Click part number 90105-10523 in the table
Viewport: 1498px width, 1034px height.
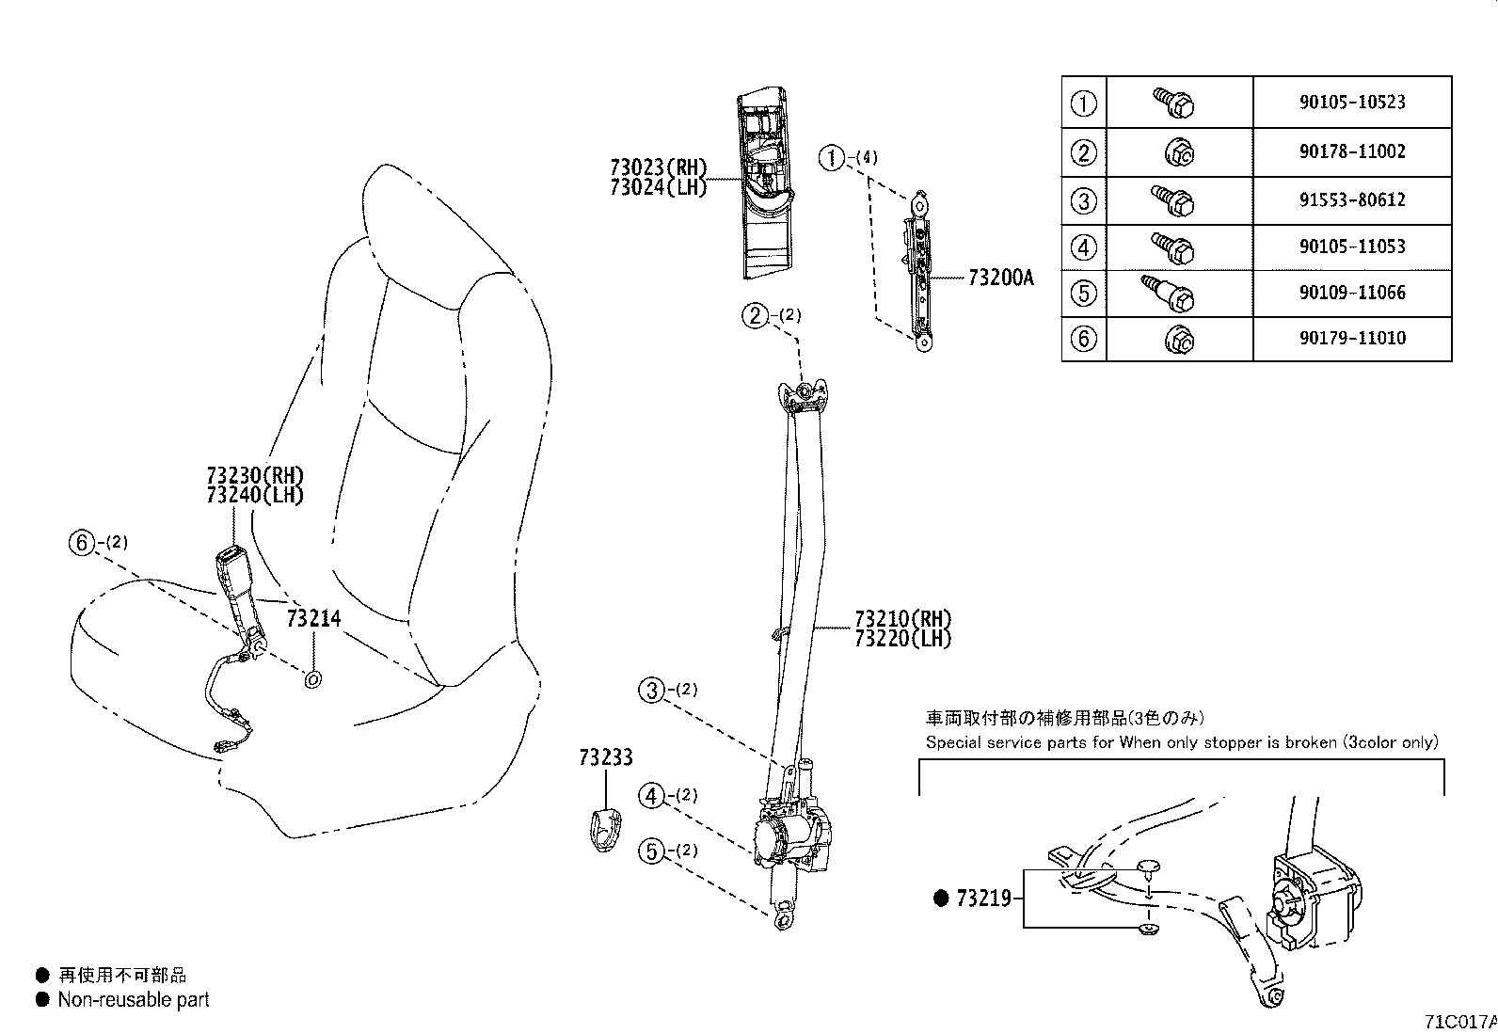pos(1352,103)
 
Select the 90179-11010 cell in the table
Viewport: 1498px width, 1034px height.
pos(1352,338)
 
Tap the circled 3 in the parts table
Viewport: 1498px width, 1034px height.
pos(1084,200)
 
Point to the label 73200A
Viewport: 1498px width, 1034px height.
pos(1000,278)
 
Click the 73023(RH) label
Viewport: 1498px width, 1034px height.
pos(658,167)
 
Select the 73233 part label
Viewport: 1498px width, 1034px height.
pos(606,757)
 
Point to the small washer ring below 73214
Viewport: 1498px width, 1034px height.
pos(313,677)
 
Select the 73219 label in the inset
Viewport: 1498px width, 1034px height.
pos(983,899)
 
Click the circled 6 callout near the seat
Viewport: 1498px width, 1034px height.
pos(83,542)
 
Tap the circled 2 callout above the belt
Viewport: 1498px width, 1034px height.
pos(756,315)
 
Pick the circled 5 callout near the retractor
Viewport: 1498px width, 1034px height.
pos(651,851)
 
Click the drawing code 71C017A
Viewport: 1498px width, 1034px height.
pos(1459,1021)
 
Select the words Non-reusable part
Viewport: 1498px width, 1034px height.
pos(134,1000)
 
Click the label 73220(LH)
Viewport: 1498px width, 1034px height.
pos(903,639)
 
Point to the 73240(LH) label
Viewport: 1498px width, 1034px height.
pos(255,495)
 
